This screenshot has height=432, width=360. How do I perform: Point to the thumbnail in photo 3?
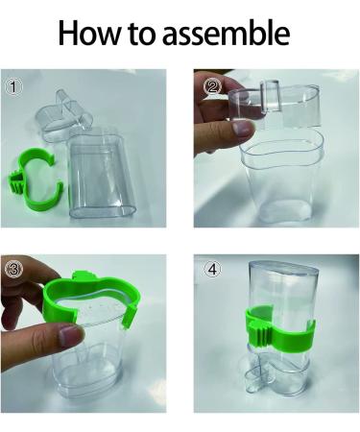(x=66, y=337)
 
